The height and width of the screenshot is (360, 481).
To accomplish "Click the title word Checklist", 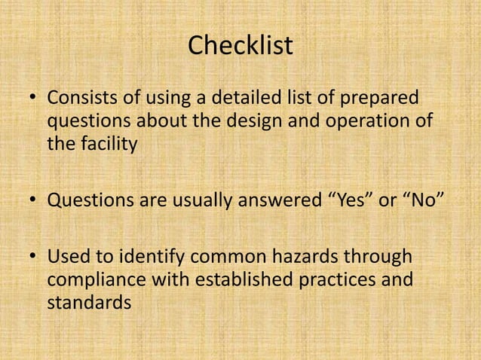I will (x=240, y=46).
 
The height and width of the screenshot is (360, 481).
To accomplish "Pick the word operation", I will (x=358, y=121).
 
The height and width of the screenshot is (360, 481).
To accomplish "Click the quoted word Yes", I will (x=345, y=201).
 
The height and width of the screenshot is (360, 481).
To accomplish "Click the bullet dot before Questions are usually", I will (x=33, y=202).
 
